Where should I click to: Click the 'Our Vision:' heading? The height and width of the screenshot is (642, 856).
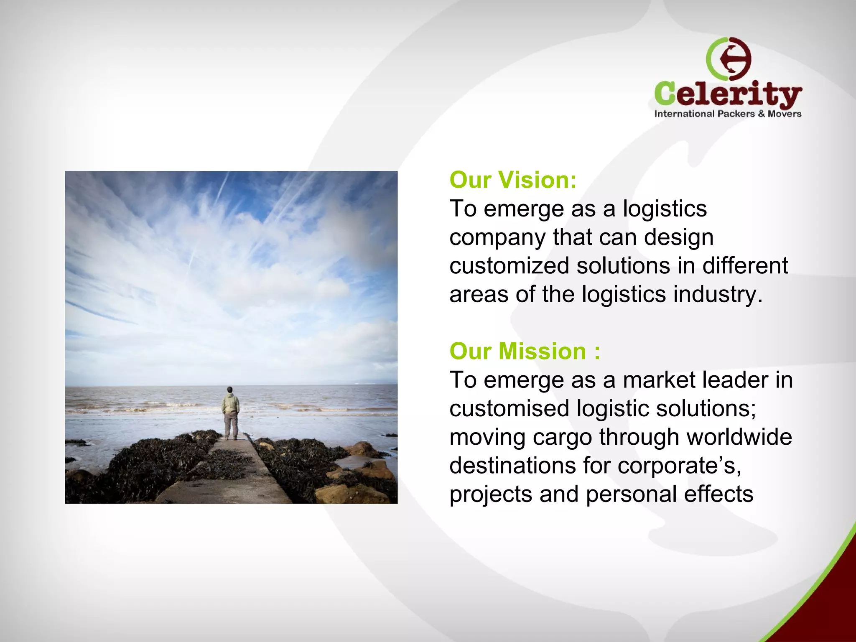click(x=513, y=180)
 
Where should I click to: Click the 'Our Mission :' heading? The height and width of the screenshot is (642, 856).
click(x=525, y=351)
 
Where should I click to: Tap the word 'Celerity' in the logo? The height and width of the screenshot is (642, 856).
click(x=728, y=94)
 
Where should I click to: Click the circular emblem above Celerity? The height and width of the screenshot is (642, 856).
click(x=729, y=59)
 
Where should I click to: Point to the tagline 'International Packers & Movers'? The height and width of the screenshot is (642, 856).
click(x=728, y=114)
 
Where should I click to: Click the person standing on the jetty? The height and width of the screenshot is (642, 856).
click(x=230, y=413)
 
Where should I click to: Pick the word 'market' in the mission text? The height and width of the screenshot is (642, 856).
click(x=659, y=380)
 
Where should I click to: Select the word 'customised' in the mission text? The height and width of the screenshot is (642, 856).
click(x=509, y=409)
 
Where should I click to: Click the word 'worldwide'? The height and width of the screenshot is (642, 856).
click(x=739, y=437)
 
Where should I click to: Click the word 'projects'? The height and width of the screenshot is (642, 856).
click(x=490, y=495)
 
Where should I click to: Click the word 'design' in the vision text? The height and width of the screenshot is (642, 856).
click(x=678, y=238)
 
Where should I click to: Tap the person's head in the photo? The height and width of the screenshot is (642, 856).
click(x=229, y=390)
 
